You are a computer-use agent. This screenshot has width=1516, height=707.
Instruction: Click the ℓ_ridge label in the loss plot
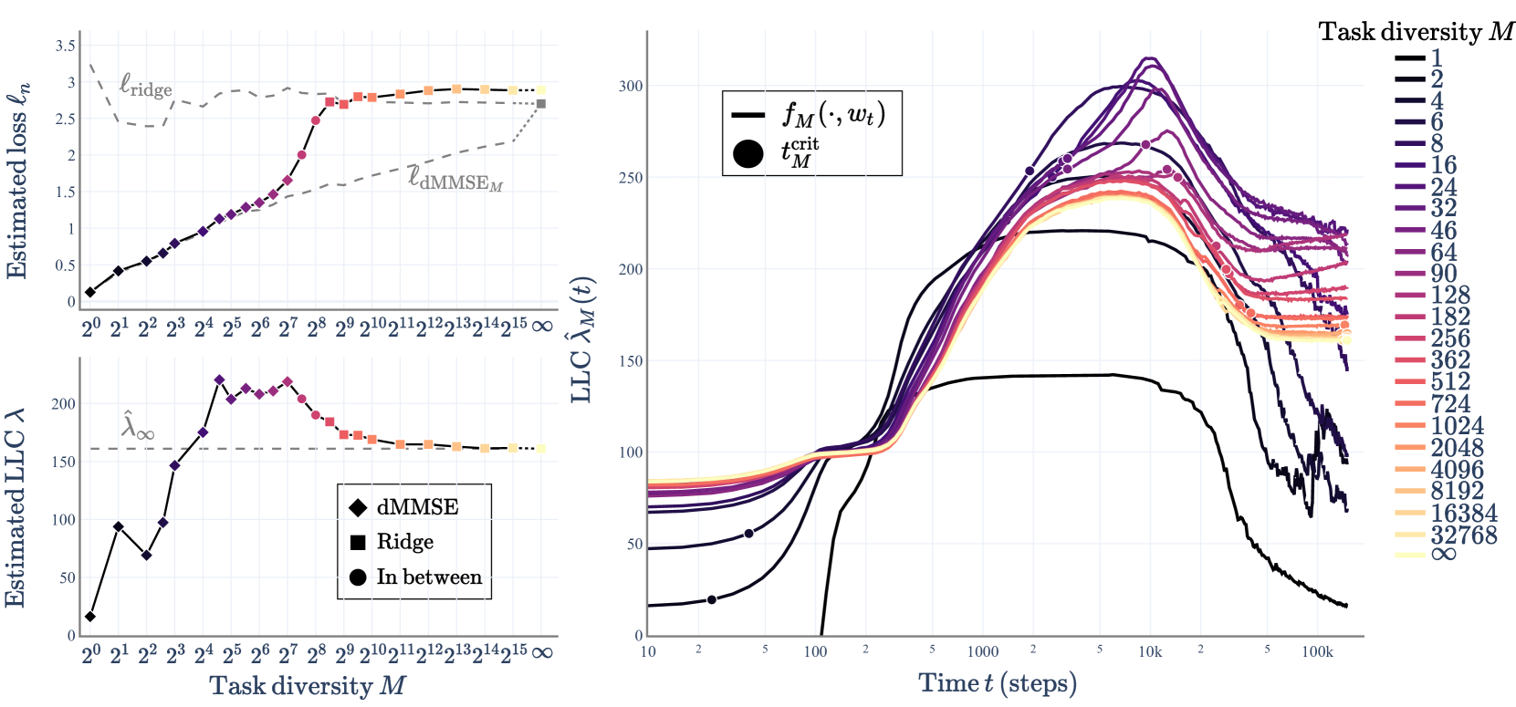coord(145,86)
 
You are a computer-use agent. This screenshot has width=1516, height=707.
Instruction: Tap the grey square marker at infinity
coord(541,104)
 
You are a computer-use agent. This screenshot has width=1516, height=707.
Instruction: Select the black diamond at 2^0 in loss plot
coord(90,292)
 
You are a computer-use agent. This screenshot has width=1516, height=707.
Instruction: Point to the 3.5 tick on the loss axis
coord(66,46)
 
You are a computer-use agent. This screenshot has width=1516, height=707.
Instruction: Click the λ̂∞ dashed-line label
coord(138,427)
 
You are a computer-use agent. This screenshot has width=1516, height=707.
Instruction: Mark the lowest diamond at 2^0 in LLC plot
coord(89,617)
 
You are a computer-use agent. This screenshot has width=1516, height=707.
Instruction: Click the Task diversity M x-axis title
coord(307,686)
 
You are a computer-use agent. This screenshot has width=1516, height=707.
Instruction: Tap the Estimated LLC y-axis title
coord(16,506)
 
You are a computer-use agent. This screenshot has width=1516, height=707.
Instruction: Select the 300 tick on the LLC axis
coord(631,86)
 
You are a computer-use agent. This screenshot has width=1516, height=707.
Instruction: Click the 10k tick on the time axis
coord(1150,651)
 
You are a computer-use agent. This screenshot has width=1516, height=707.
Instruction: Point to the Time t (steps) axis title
coord(998,683)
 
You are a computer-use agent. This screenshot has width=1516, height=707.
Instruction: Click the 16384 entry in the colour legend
coord(1463,513)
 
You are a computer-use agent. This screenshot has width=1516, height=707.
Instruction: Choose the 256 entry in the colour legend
coord(1450,338)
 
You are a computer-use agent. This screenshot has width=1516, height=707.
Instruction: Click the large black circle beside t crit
coord(748,153)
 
